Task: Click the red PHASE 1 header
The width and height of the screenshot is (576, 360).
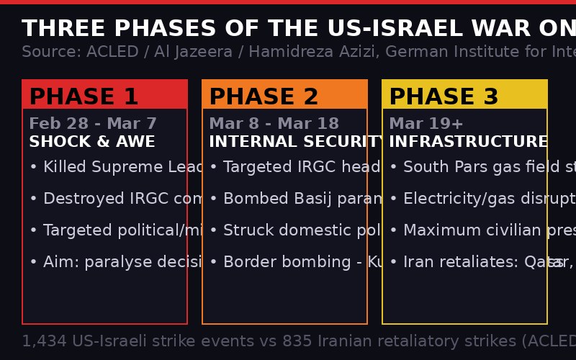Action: click(104, 96)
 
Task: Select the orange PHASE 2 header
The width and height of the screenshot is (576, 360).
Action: click(284, 96)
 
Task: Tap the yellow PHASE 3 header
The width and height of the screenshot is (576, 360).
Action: click(464, 96)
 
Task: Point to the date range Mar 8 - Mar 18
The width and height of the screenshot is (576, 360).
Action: click(274, 124)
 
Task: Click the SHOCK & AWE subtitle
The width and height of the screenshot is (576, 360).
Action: click(92, 142)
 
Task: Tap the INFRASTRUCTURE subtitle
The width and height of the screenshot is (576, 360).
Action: click(468, 142)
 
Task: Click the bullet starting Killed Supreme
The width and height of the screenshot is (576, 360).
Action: click(115, 168)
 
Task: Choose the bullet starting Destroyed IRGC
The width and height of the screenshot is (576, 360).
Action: click(115, 199)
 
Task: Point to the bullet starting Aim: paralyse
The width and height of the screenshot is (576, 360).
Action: click(115, 263)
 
